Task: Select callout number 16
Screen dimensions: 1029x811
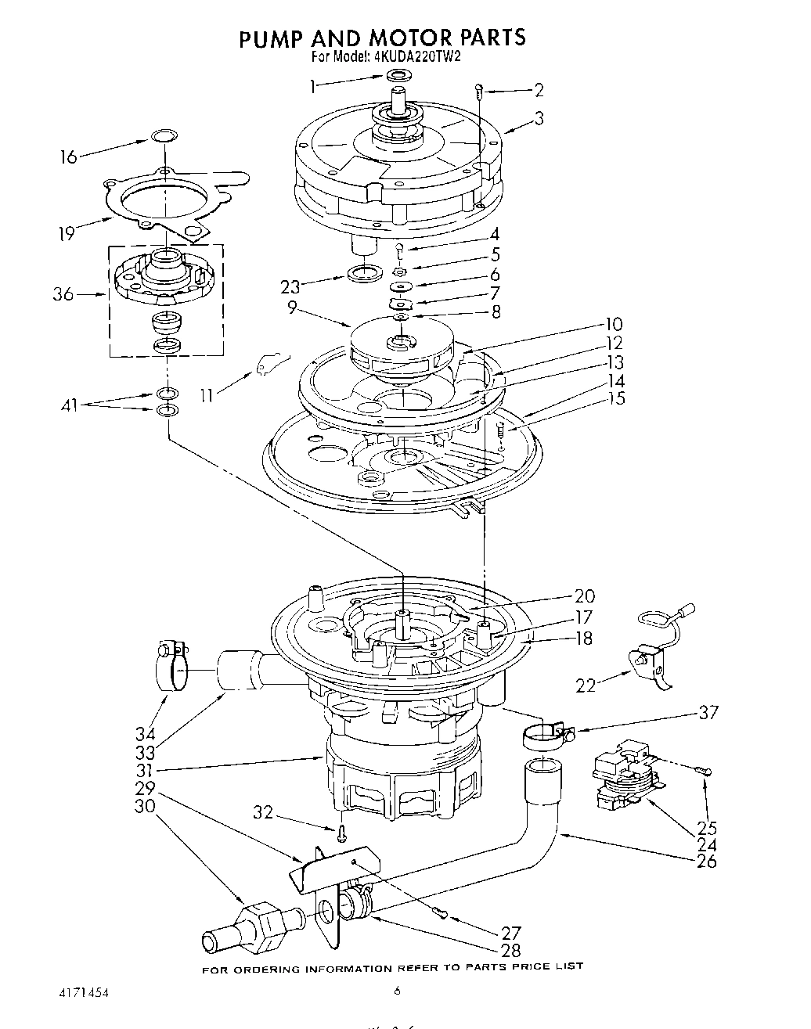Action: [x=69, y=157]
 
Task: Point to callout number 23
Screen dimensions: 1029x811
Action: [x=290, y=287]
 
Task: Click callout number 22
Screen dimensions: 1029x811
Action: [x=586, y=685]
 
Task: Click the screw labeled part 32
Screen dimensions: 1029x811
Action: [x=342, y=833]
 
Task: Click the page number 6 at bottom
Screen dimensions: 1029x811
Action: [x=397, y=991]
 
